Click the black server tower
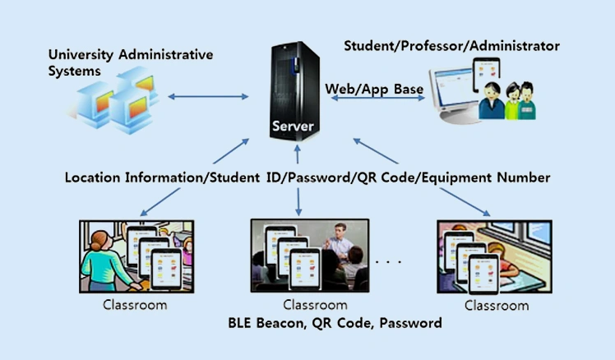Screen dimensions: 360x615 tap(295, 82)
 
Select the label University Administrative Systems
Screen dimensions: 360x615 tap(130, 62)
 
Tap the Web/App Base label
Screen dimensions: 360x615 tap(374, 88)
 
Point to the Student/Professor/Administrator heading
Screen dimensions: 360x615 tap(451, 46)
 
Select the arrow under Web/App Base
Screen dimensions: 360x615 tap(378, 99)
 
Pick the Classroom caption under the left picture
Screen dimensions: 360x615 tap(135, 305)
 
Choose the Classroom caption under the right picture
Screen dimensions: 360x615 tap(497, 305)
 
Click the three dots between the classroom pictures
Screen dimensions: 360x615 tap(387, 262)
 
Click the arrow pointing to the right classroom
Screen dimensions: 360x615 tap(465, 201)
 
